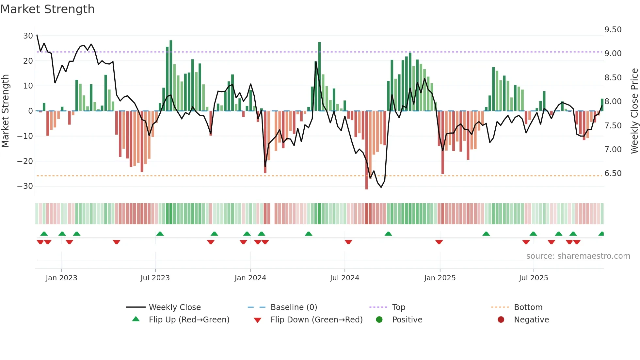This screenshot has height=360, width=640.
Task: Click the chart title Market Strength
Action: click(x=47, y=9)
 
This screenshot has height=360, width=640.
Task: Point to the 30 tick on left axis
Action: click(x=28, y=36)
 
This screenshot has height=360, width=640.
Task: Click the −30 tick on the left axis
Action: click(x=25, y=186)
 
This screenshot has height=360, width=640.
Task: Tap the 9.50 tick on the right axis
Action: click(x=613, y=30)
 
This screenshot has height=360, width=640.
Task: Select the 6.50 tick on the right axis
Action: click(x=613, y=173)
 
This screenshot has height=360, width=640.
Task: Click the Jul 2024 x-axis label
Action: click(x=344, y=278)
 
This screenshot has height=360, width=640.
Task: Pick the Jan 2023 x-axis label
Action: click(x=61, y=278)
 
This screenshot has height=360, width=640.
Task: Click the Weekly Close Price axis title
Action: click(x=634, y=111)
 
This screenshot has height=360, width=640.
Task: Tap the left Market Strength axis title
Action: click(x=5, y=111)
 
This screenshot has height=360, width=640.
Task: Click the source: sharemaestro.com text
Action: click(x=578, y=256)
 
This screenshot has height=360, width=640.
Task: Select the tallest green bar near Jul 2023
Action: click(x=171, y=75)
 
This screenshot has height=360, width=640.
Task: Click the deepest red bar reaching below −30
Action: click(x=367, y=150)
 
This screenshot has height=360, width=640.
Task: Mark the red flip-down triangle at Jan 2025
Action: click(x=439, y=242)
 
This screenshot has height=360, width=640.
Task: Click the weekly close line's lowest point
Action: click(x=381, y=187)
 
